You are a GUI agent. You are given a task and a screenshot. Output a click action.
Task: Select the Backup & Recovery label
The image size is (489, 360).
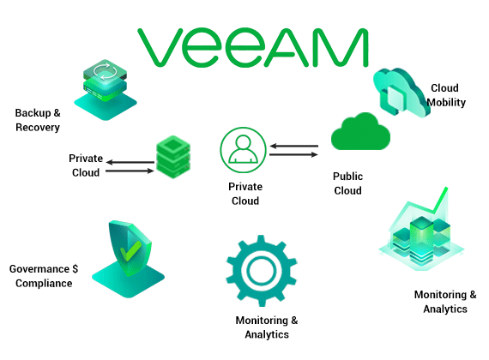coord(38,120)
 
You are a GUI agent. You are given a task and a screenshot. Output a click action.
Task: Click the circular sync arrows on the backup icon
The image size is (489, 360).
coord(106,71)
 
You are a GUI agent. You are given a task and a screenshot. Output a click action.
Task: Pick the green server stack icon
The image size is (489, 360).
coord(173,157)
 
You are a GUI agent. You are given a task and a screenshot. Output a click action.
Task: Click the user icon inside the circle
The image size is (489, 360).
coord(244,149)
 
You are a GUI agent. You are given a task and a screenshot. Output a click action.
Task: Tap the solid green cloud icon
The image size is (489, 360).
coord(360,131)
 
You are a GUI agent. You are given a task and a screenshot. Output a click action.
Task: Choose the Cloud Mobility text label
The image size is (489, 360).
coord(446,95)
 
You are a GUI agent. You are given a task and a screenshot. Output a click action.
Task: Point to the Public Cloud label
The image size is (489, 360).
coord(347,183)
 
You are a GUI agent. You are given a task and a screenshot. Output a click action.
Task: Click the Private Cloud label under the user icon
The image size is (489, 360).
coord(245,194)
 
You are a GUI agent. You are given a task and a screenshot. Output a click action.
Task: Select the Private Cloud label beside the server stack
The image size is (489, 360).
coord(86,165)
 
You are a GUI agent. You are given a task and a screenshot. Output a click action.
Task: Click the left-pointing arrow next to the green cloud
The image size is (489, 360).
coord(293,146)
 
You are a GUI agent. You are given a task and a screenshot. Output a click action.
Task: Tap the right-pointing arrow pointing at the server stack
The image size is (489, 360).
coord(130,171)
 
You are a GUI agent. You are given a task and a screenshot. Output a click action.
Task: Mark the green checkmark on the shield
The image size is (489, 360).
coord(130,250)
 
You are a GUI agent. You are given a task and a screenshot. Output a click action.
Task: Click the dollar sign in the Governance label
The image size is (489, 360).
coord(75,268)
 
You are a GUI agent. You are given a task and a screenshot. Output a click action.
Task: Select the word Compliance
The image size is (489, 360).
coord(44,284)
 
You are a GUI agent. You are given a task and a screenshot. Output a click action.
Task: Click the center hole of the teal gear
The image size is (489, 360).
coord(262,270)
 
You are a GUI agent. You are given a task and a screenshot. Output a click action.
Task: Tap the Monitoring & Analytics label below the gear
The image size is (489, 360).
coord(267,327)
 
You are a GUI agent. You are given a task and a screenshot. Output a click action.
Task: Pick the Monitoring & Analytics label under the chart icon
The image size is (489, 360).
coord(445,302)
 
